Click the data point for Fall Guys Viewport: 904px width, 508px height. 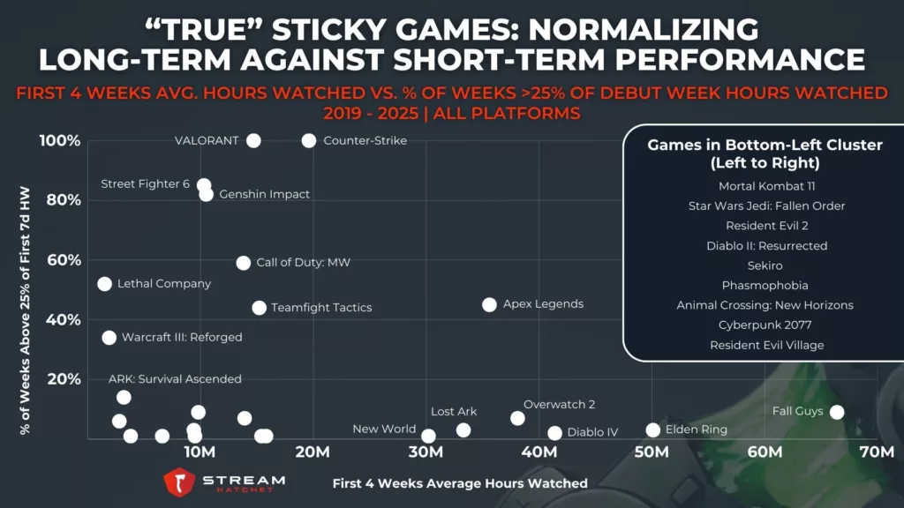coord(837,412)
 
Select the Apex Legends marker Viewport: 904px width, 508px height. coord(489,304)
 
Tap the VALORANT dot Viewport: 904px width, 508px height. coord(253,140)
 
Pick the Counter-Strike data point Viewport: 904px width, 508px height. coord(309,140)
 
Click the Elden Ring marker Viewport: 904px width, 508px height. coord(652,430)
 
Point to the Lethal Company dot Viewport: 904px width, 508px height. coord(104,284)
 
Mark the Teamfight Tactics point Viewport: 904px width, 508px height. coord(259,308)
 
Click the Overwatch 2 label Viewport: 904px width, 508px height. coord(559,405)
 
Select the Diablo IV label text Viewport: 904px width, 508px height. coord(592,432)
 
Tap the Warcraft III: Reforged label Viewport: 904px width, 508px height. coord(181,337)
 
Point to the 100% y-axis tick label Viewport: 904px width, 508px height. coord(59,141)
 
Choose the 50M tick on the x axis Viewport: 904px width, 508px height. coord(652,453)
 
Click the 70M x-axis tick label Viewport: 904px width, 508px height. coord(878,453)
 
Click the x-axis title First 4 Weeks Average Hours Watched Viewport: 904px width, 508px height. coord(460,483)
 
